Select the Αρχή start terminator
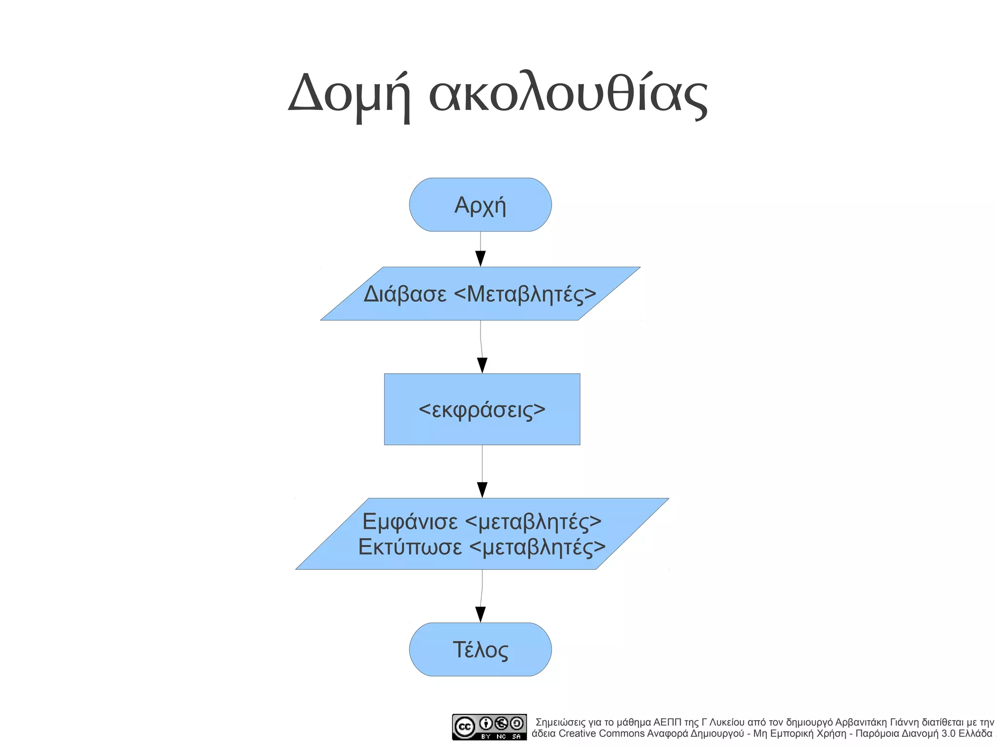[480, 205]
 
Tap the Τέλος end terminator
[480, 650]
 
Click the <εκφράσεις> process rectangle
[482, 410]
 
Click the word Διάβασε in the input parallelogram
[405, 294]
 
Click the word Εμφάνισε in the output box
[410, 522]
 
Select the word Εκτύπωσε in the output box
[410, 547]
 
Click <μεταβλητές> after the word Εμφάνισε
[534, 522]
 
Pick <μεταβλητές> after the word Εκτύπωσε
[538, 547]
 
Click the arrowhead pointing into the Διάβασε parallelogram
[480, 258]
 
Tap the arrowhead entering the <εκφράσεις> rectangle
[482, 365]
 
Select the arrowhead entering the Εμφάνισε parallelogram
[482, 490]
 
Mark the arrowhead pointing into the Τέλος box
[480, 614]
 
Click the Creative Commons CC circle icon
[464, 727]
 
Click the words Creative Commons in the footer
[601, 733]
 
